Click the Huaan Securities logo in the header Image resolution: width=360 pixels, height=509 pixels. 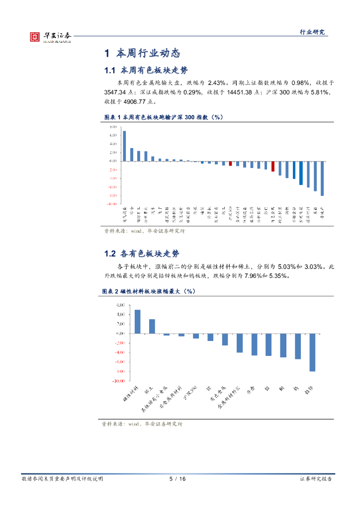click(x=50, y=36)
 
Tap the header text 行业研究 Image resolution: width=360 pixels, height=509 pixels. click(x=312, y=32)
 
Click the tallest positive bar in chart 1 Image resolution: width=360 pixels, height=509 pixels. click(x=124, y=146)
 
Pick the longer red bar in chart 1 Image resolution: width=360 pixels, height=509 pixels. click(x=272, y=166)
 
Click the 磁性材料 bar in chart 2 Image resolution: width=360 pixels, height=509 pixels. click(x=138, y=322)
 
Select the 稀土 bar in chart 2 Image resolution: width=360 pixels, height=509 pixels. click(x=152, y=326)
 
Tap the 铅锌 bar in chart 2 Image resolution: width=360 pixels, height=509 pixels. click(x=312, y=352)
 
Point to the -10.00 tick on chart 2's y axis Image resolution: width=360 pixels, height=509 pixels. click(x=118, y=381)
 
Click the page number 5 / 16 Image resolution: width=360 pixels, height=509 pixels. click(x=178, y=479)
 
